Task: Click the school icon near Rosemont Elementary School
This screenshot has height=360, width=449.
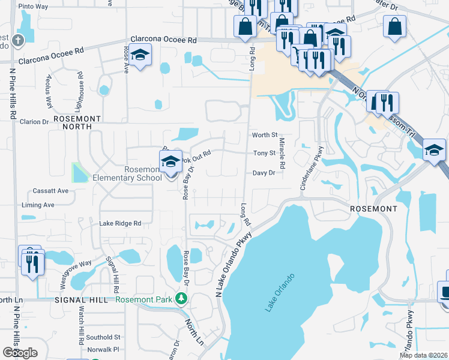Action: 170,161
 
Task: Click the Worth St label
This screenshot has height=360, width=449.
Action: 265,135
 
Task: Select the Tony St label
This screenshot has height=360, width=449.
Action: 264,153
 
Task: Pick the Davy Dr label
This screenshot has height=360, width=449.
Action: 264,173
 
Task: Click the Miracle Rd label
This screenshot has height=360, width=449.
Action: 282,152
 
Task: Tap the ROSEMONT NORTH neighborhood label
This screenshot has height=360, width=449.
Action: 73,123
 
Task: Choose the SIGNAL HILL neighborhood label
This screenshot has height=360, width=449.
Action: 80,299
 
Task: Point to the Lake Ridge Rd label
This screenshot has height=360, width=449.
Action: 120,223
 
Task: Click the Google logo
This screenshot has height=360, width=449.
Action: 20,353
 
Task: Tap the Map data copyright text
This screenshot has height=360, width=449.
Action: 423,355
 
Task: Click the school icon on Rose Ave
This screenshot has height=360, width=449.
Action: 140,56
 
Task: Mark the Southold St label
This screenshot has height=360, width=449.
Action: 103,337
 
